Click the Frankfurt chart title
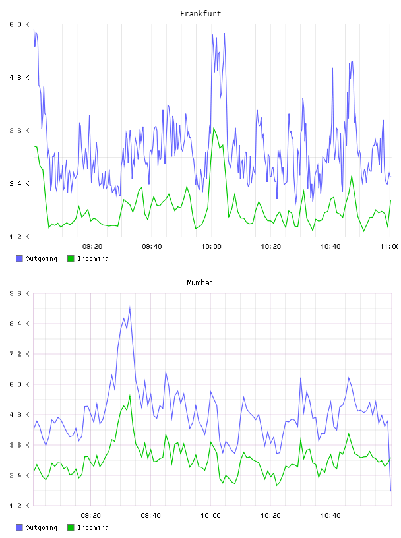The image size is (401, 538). click(x=200, y=14)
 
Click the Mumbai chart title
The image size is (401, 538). click(x=200, y=283)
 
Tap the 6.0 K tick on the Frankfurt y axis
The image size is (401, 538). click(x=19, y=24)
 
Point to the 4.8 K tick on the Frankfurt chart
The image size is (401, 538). click(x=19, y=78)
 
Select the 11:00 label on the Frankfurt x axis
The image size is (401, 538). click(x=390, y=247)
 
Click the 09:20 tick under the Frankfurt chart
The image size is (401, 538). click(x=92, y=247)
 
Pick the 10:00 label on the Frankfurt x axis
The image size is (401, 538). click(x=211, y=247)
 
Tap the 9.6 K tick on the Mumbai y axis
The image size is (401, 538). click(x=19, y=293)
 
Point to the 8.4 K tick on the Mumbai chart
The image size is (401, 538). click(x=19, y=324)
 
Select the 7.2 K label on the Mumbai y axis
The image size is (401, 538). click(x=19, y=354)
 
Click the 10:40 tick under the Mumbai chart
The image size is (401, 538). click(x=330, y=516)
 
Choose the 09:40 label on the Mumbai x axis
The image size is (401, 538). click(x=151, y=516)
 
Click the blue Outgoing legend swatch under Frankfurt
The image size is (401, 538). click(x=19, y=258)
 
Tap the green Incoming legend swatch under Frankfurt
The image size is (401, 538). click(x=71, y=258)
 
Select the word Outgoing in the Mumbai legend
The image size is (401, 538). click(x=41, y=527)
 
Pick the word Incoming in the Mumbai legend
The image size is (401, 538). click(x=93, y=527)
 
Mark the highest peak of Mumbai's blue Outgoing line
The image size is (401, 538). click(x=130, y=307)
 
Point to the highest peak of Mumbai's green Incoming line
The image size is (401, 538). click(x=130, y=396)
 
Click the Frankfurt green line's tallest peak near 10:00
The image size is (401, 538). click(x=214, y=128)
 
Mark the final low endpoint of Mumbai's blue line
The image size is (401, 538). click(x=390, y=491)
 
